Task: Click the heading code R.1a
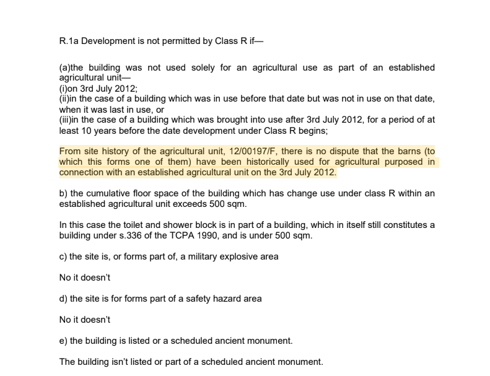pos(69,42)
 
